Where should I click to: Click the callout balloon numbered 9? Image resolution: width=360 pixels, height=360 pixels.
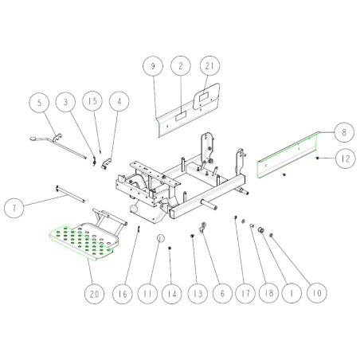pyautogui.click(x=153, y=66)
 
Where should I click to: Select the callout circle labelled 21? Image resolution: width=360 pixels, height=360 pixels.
pyautogui.click(x=209, y=65)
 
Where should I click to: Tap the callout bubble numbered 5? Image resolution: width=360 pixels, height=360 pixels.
pyautogui.click(x=39, y=102)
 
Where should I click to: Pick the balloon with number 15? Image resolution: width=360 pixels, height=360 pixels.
pyautogui.click(x=92, y=101)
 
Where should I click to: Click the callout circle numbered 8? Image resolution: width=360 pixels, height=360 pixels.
pyautogui.click(x=344, y=132)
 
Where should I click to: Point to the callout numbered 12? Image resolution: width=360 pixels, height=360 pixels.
pyautogui.click(x=346, y=158)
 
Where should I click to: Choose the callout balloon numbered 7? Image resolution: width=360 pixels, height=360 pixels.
pyautogui.click(x=14, y=208)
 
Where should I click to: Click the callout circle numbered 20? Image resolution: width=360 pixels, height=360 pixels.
pyautogui.click(x=94, y=294)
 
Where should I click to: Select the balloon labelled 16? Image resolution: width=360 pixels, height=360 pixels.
pyautogui.click(x=123, y=294)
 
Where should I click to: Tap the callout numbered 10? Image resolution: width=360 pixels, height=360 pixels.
pyautogui.click(x=317, y=293)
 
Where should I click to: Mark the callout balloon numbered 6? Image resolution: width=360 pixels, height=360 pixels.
pyautogui.click(x=222, y=293)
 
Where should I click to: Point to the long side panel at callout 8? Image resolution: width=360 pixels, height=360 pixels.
pyautogui.click(x=288, y=155)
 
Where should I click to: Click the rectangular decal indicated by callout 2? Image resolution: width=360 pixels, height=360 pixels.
pyautogui.click(x=181, y=116)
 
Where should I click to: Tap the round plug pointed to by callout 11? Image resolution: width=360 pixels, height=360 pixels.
pyautogui.click(x=161, y=238)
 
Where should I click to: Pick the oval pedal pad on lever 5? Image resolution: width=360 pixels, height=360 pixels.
pyautogui.click(x=33, y=139)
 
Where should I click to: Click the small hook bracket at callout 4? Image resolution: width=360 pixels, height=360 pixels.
pyautogui.click(x=107, y=163)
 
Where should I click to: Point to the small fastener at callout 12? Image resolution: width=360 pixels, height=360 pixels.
pyautogui.click(x=317, y=158)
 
